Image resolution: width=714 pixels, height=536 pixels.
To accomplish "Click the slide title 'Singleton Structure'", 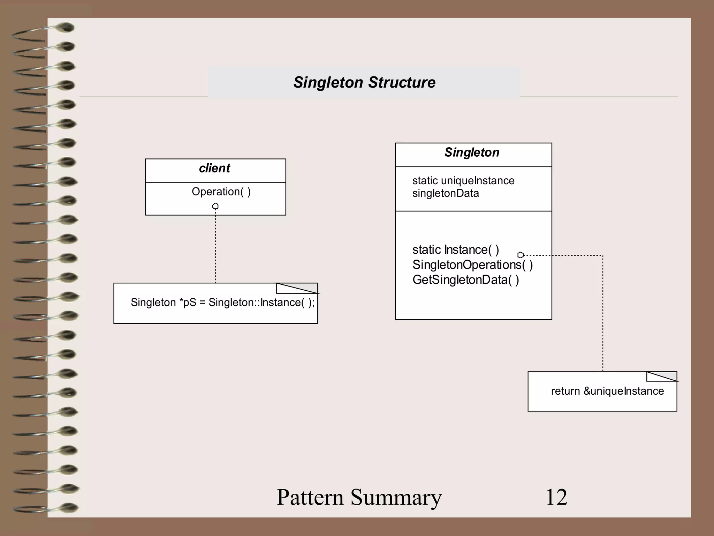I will tap(364, 82).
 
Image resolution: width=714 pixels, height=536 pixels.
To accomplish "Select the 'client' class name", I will tap(214, 168).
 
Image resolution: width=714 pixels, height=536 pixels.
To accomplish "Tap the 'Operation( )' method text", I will tap(221, 192).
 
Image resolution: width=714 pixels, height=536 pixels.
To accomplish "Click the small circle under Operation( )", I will tap(215, 206).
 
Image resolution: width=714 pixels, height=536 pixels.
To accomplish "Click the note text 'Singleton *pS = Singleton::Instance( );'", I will tap(222, 302).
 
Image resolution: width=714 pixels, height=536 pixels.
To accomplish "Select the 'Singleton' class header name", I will tap(472, 152).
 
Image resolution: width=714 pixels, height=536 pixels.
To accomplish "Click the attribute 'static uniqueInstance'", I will tap(463, 180).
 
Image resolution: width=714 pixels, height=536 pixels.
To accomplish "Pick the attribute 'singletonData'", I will tap(445, 193).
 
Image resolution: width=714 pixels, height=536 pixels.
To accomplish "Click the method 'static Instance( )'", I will tap(455, 250).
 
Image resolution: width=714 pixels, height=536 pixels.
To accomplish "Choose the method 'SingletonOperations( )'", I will tap(472, 265).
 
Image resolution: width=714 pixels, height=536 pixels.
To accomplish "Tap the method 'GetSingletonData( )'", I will tap(465, 280).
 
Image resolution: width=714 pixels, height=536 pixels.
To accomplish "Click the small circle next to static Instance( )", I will tap(521, 255).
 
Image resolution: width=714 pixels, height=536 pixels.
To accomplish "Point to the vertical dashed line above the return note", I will tap(603, 314).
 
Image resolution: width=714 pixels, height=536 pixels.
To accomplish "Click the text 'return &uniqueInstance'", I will tap(607, 391).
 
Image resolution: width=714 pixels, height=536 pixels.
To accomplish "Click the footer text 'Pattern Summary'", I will tap(359, 497).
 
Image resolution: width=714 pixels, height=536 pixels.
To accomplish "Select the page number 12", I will tap(556, 497).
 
